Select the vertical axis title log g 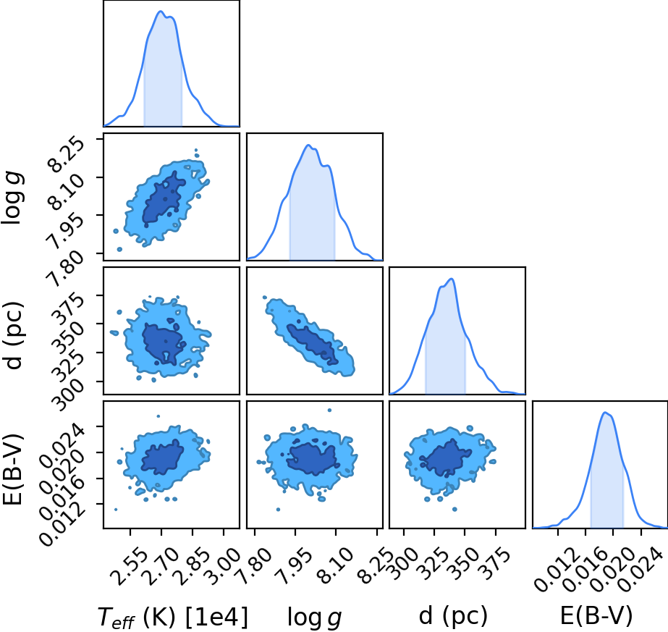pos(13,198)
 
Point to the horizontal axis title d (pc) pos(453,616)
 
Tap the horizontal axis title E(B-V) pos(596,616)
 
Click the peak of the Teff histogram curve pos(161,11)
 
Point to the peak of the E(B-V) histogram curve pos(604,412)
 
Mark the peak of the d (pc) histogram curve pos(451,279)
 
